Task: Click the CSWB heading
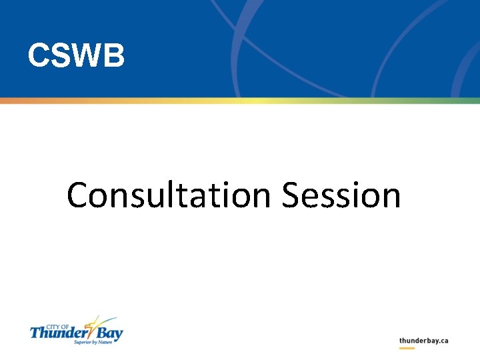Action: [76, 56]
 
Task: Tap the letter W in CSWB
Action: [85, 56]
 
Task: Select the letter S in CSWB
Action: [58, 56]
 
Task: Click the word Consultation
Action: [169, 196]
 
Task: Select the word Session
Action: [341, 196]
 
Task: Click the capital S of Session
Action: [291, 196]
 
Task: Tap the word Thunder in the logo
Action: [57, 332]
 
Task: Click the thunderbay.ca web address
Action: [423, 341]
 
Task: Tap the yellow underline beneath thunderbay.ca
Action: [407, 348]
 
